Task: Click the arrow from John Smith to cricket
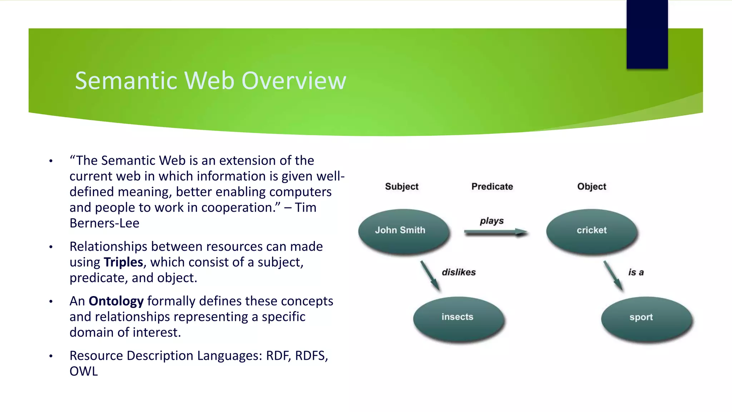495,232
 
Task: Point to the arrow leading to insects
430,276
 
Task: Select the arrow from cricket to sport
613,276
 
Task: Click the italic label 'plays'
491,221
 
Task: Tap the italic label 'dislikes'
459,273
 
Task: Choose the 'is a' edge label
636,273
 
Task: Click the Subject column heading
401,187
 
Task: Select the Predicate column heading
492,187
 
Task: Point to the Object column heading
592,187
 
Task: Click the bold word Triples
123,263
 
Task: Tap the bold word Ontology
116,301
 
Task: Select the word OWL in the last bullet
83,372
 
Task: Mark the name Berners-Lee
104,224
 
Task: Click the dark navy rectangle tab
647,34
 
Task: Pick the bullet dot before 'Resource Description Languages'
51,356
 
